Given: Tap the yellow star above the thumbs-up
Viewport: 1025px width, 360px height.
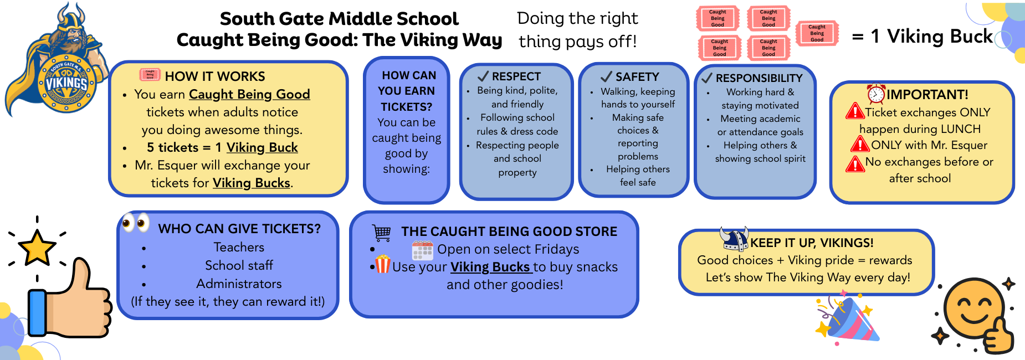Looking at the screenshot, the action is (x=37, y=248).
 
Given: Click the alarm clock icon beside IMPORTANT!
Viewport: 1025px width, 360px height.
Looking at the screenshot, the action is (x=876, y=94).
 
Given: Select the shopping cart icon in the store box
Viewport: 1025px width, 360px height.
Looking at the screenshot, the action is (x=382, y=233).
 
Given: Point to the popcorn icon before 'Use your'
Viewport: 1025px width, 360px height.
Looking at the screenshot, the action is (x=383, y=264).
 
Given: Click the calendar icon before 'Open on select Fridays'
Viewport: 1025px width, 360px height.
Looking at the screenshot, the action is (x=423, y=250).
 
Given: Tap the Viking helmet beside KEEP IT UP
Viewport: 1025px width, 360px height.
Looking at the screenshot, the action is (x=734, y=239).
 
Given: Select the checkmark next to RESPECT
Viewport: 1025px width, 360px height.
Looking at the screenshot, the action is (x=483, y=76).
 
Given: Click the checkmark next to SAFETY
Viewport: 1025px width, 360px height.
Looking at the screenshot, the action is (x=607, y=76).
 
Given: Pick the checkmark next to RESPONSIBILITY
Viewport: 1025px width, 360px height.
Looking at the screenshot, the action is (x=706, y=78).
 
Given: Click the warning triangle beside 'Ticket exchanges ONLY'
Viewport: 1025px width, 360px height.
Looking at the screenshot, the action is (x=855, y=111).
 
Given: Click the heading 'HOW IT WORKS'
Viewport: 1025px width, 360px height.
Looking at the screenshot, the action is (x=215, y=76).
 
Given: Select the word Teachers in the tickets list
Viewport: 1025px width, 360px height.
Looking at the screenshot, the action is (x=239, y=247).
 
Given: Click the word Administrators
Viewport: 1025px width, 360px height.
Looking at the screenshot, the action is (x=239, y=284).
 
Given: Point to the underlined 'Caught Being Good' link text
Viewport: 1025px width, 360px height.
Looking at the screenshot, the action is (x=249, y=95).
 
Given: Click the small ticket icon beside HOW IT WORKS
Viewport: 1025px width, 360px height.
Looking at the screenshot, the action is (x=150, y=74).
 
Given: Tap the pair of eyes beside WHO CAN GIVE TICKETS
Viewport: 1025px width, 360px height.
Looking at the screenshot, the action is (x=136, y=223).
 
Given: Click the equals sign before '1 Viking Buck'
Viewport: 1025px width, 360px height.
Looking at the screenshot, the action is (x=858, y=38).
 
